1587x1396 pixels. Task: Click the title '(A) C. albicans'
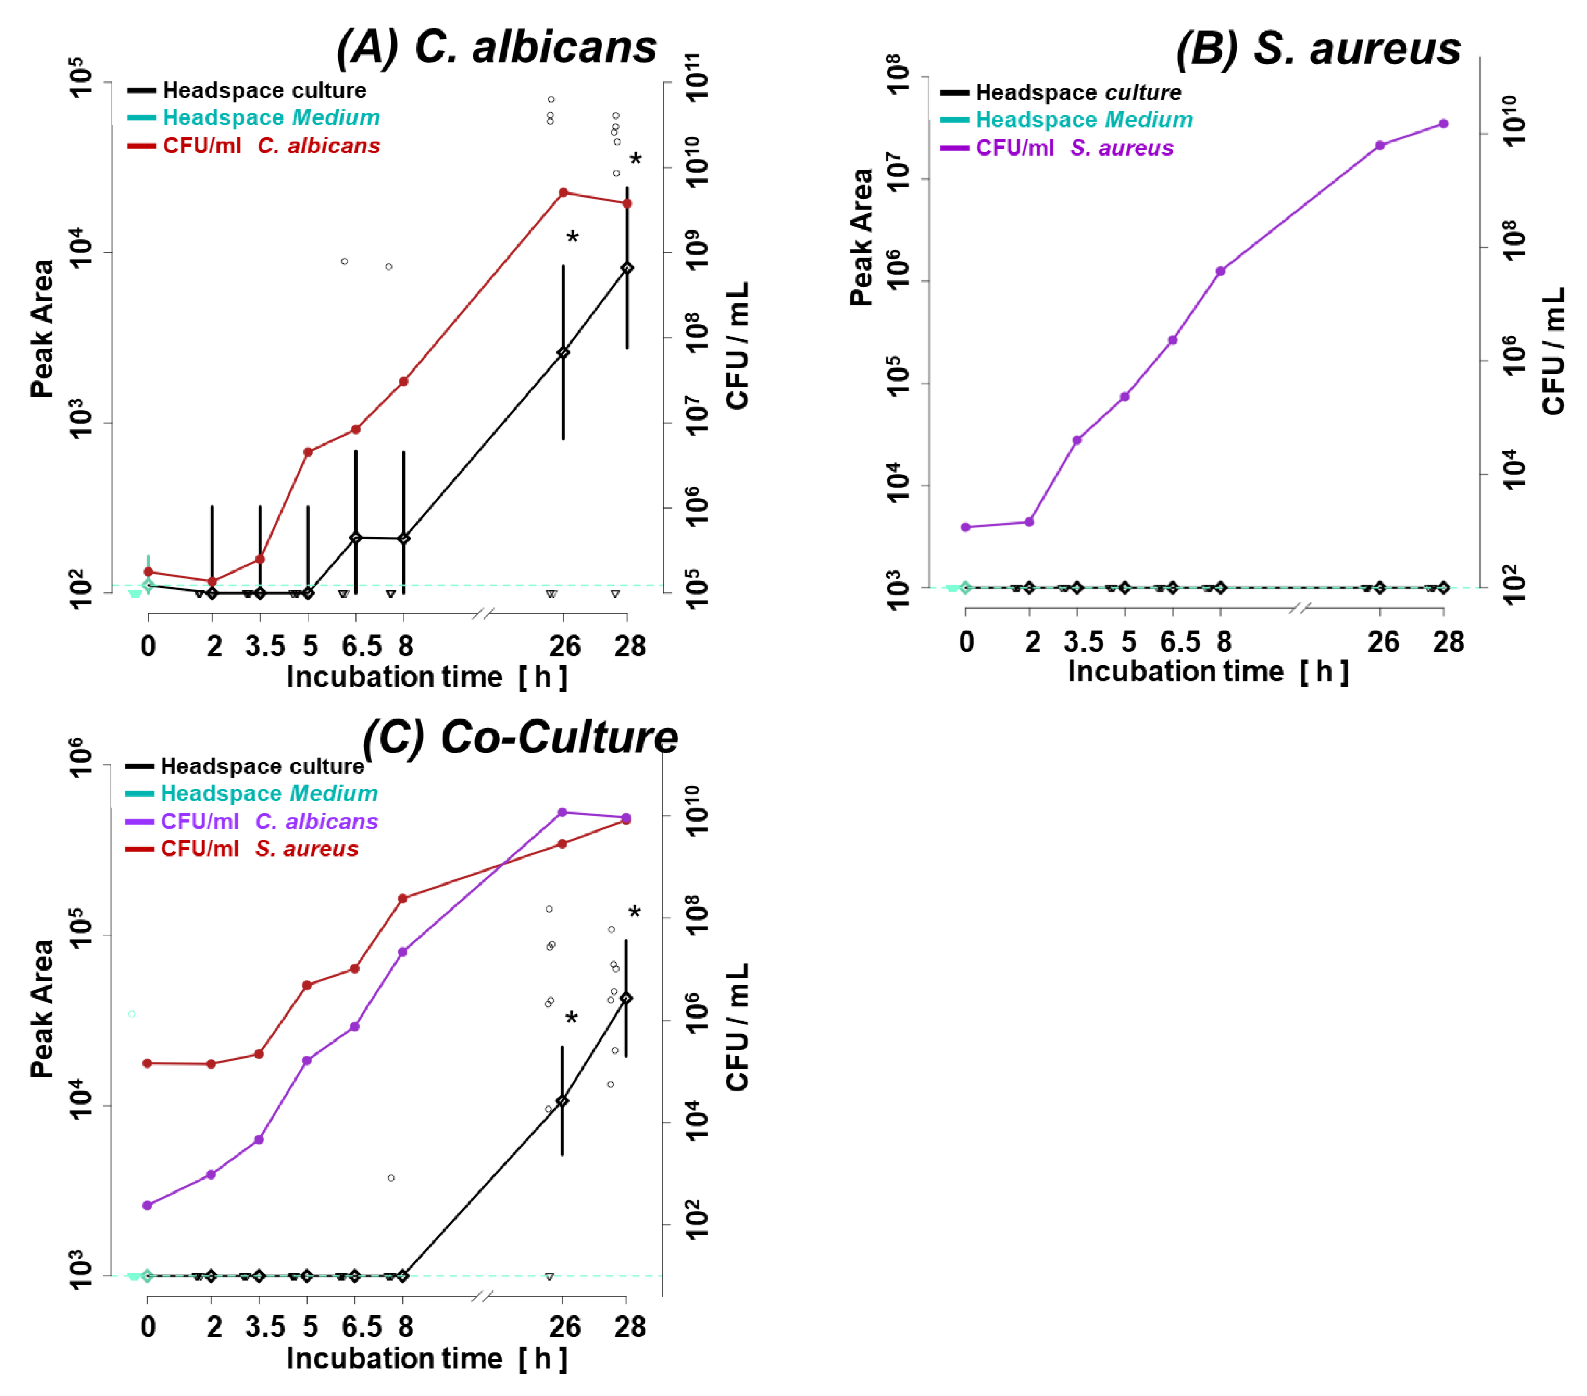tap(497, 46)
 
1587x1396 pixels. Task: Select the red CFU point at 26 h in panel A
tap(563, 192)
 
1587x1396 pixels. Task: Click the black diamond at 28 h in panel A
tap(627, 268)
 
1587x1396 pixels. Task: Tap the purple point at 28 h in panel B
tap(1443, 124)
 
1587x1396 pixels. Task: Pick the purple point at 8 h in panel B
tap(1221, 271)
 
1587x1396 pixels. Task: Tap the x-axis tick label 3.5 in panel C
tap(265, 1327)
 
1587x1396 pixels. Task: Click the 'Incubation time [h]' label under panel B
tap(1207, 672)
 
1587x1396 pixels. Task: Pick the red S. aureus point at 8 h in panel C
tap(402, 898)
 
